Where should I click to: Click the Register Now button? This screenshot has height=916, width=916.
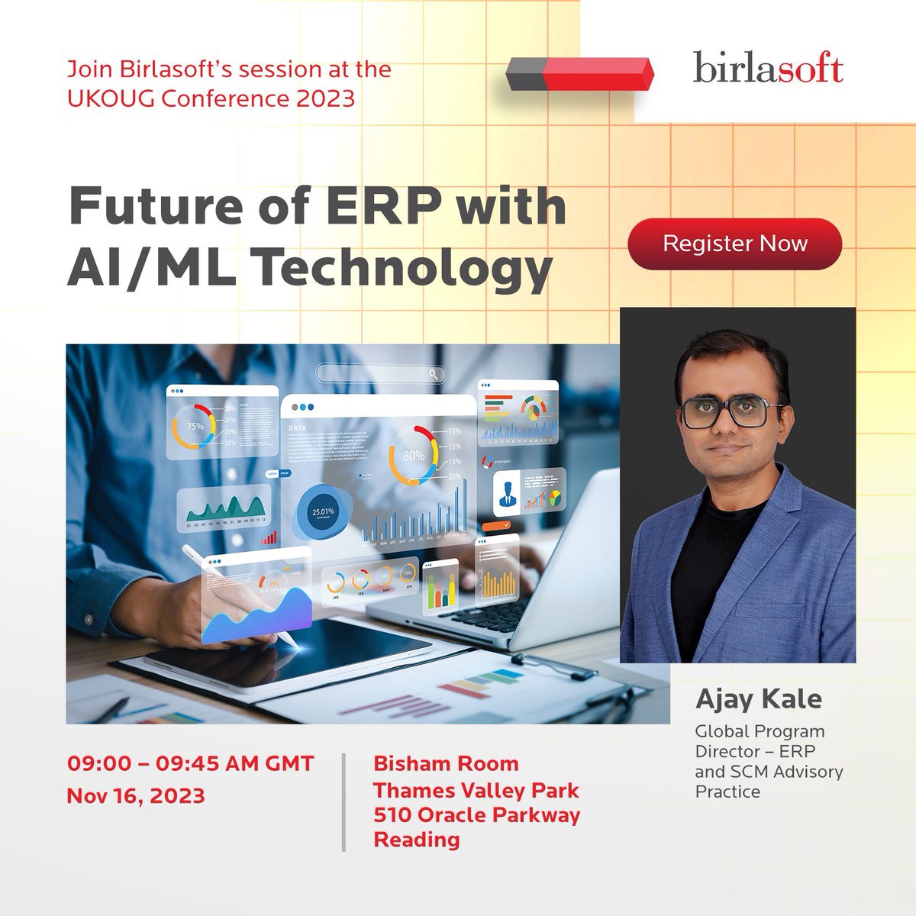[734, 244]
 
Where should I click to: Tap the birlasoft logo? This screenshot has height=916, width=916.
[768, 69]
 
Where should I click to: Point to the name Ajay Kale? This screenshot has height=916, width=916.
[758, 698]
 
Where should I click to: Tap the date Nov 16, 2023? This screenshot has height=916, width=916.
[136, 795]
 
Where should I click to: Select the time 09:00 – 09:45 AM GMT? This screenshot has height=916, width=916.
[190, 763]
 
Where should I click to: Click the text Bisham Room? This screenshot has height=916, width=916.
[446, 763]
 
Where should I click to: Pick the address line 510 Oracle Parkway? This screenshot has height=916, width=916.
[476, 814]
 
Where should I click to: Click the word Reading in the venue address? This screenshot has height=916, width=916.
[417, 840]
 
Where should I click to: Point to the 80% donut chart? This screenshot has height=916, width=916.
[413, 456]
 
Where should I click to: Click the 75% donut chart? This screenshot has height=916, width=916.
[195, 426]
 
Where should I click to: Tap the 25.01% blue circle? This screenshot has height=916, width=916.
[323, 511]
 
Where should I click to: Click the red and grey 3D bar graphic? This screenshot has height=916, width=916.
[580, 73]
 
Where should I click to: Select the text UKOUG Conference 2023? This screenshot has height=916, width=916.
[211, 98]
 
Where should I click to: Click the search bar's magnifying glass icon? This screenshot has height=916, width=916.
[434, 374]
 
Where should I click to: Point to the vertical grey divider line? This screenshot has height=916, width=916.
[343, 801]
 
